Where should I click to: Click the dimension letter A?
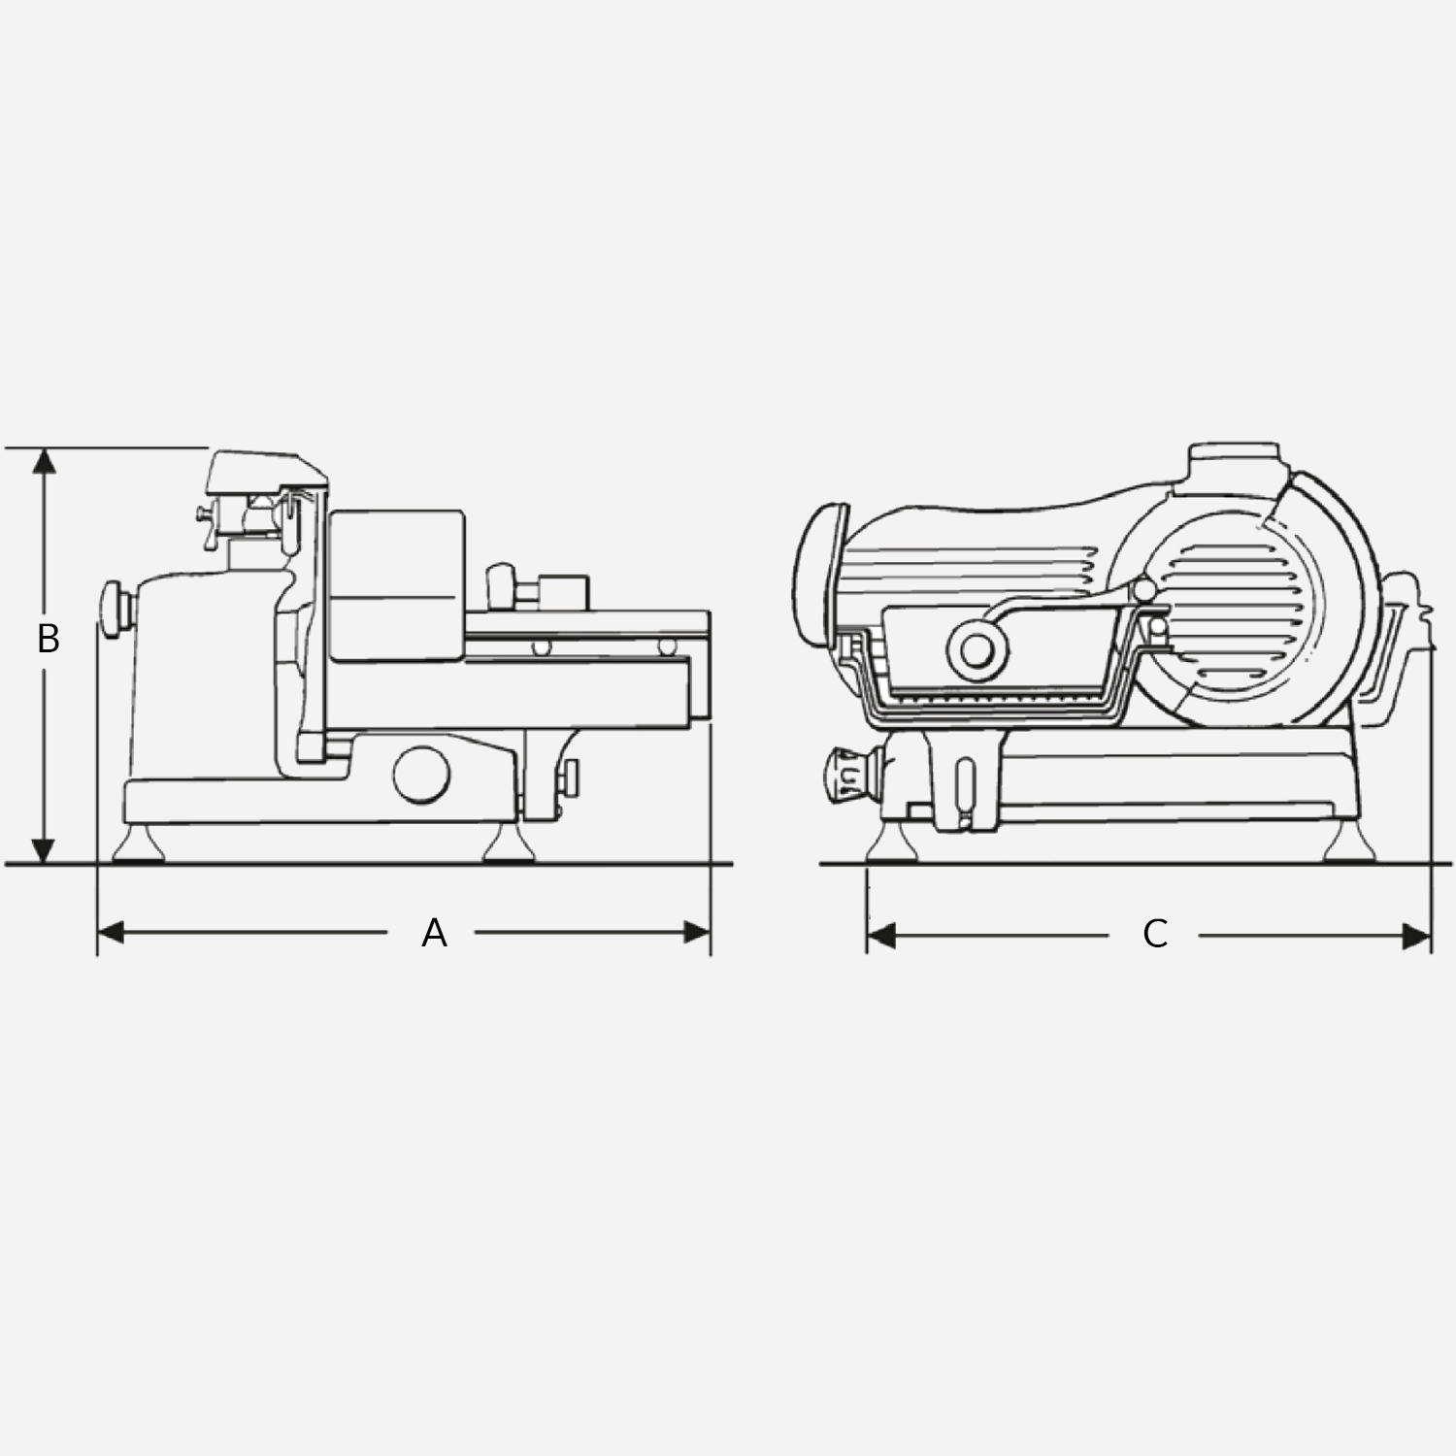[434, 933]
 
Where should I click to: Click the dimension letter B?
[48, 639]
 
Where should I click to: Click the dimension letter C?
[1154, 934]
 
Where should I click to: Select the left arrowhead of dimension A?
[111, 933]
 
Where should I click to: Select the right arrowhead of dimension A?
[698, 933]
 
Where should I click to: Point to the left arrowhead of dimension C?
[880, 936]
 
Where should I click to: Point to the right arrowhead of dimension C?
[1417, 936]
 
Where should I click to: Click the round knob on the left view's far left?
[117, 609]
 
